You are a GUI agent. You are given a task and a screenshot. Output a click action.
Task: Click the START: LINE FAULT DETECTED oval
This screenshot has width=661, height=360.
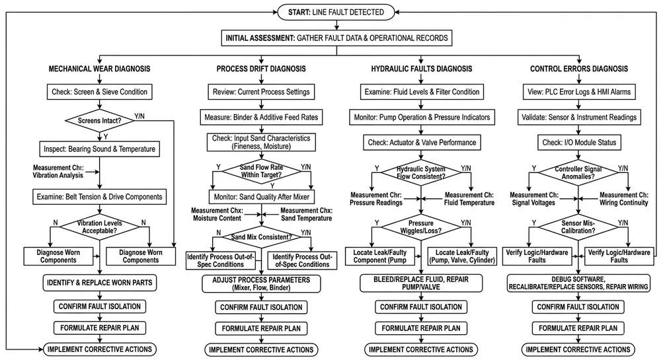pyautogui.click(x=336, y=12)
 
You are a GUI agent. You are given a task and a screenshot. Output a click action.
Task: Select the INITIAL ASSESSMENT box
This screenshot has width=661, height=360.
pyautogui.click(x=336, y=38)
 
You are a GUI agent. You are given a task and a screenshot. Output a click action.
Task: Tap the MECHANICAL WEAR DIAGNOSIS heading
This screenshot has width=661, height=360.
pyautogui.click(x=98, y=69)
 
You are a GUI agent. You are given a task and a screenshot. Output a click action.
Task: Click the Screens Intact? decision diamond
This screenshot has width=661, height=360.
pyautogui.click(x=98, y=121)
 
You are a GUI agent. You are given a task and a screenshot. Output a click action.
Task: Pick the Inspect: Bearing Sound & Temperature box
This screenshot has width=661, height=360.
pyautogui.click(x=98, y=149)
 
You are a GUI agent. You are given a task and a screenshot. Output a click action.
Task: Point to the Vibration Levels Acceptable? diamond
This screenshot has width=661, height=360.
pyautogui.click(x=98, y=228)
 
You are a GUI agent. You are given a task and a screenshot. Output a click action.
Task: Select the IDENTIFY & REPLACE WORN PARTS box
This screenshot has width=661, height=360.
pyautogui.click(x=98, y=283)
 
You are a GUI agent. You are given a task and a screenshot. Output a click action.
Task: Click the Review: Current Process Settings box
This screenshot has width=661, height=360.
pyautogui.click(x=259, y=90)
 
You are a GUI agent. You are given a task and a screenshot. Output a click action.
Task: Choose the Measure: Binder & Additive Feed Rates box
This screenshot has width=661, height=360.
pyautogui.click(x=259, y=117)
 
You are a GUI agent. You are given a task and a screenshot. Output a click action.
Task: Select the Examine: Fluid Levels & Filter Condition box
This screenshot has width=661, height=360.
pyautogui.click(x=421, y=90)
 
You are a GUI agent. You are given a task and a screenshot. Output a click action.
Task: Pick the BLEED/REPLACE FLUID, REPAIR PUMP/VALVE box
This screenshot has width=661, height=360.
pyautogui.click(x=421, y=283)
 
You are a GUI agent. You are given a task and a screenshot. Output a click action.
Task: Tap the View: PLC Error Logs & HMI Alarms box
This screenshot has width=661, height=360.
pyautogui.click(x=578, y=90)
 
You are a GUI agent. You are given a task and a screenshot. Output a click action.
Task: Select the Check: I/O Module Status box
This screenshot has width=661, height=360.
pyautogui.click(x=578, y=143)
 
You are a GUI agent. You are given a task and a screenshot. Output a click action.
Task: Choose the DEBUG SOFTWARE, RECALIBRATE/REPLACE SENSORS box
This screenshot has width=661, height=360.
pyautogui.click(x=578, y=283)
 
